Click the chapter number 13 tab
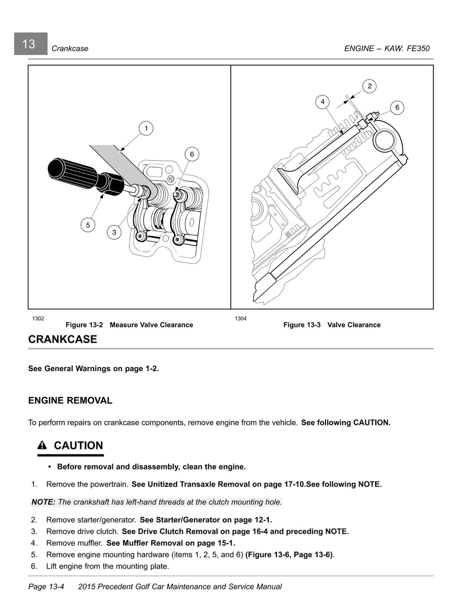point(30,44)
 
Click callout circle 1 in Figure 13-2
point(146,128)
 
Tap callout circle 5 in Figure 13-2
point(88,225)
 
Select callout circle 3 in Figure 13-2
point(114,232)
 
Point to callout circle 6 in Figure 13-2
point(192,154)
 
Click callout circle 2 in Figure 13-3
point(370,86)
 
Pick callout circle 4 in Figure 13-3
point(322,102)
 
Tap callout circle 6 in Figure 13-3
point(397,108)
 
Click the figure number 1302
point(38,319)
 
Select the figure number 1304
point(240,319)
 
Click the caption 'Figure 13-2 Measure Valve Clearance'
point(129,325)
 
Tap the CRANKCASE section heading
point(62,339)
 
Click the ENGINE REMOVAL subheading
point(70,401)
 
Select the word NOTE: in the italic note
point(43,502)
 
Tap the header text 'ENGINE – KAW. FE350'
point(387,48)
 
